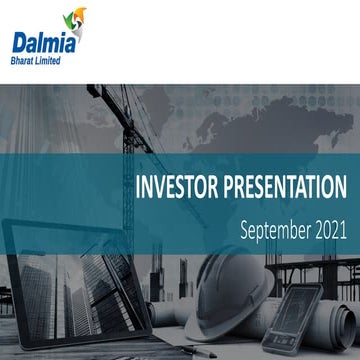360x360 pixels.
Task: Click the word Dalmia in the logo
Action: point(40,42)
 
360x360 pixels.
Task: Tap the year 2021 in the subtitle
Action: point(329,229)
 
